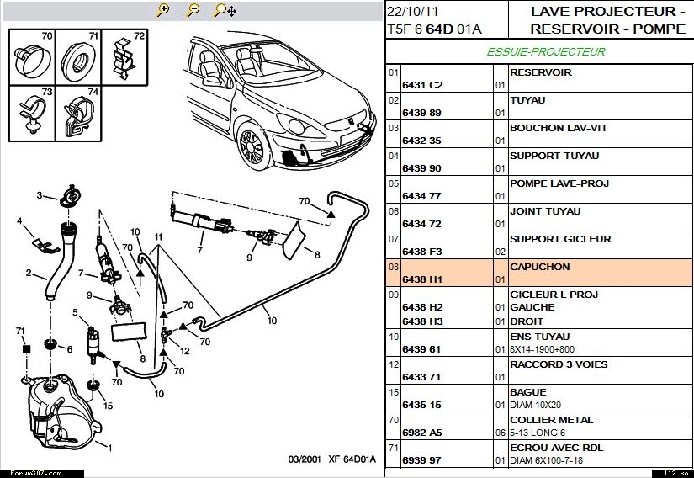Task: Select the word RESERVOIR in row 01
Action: click(540, 72)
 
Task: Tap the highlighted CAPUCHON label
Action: click(539, 267)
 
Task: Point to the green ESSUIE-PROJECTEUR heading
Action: click(546, 52)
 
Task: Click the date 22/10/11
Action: click(412, 12)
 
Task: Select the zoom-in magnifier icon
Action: click(163, 10)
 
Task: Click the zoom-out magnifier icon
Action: click(193, 10)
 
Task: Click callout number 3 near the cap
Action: click(39, 195)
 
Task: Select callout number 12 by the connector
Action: click(184, 350)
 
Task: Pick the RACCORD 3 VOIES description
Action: click(558, 364)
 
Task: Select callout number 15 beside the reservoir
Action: click(108, 406)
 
